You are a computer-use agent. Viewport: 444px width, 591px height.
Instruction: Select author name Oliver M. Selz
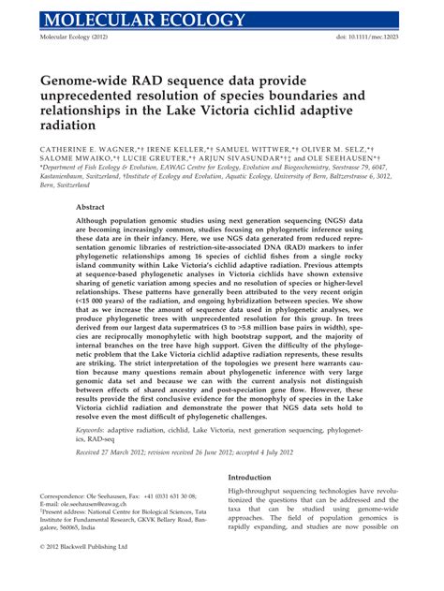point(338,148)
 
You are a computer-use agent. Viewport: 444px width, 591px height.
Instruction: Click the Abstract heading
point(90,207)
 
